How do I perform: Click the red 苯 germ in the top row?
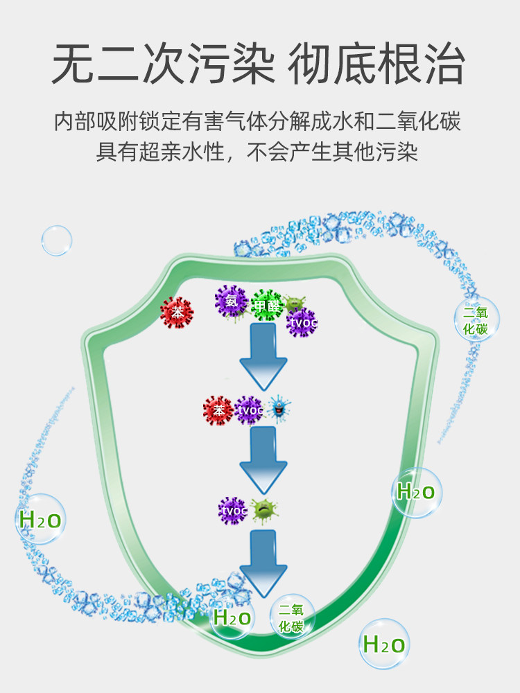point(177,313)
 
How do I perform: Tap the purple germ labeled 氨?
point(230,301)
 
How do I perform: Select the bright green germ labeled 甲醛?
point(267,306)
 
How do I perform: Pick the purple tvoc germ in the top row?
point(302,322)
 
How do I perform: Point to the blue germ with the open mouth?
point(279,410)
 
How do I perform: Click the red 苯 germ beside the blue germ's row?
point(218,410)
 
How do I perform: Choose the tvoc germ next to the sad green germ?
point(233,511)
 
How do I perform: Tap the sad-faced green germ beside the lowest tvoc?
point(264,511)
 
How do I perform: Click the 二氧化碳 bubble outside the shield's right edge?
point(476,321)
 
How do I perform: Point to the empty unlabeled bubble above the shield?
point(57,240)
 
